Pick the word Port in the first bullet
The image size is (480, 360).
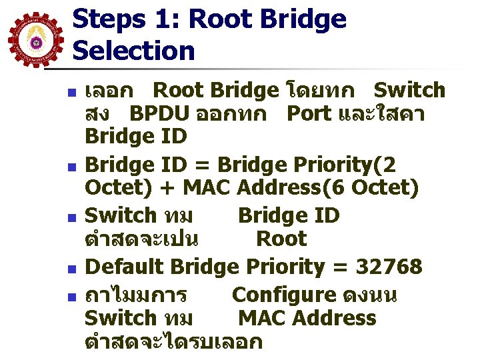(309, 113)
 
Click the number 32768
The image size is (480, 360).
(389, 267)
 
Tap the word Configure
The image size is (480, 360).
(284, 295)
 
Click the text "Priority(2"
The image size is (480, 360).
(359, 164)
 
